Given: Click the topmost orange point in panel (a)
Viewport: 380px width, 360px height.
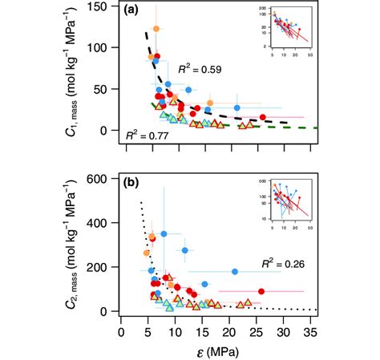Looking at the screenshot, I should (156, 29).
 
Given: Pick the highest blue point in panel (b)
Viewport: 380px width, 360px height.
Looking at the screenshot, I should (164, 234).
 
